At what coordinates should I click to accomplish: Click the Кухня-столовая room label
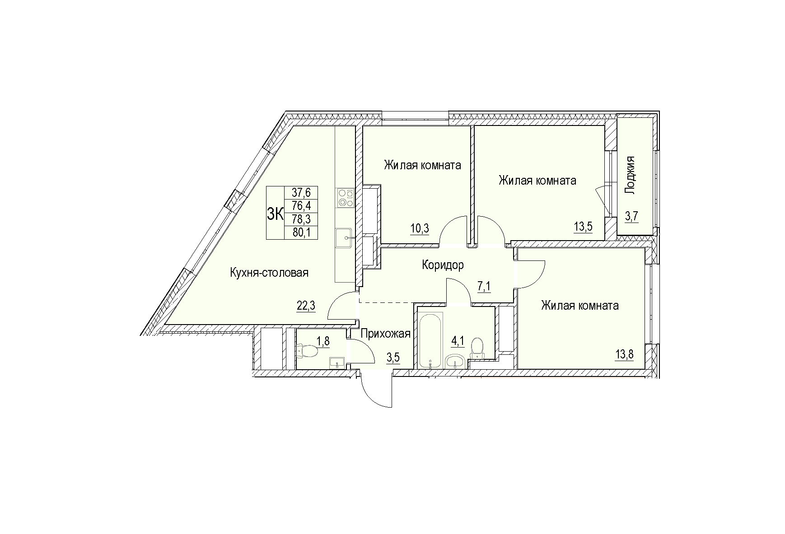[x=269, y=273]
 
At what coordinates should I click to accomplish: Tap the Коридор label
[x=443, y=265]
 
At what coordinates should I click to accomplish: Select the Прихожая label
[x=385, y=334]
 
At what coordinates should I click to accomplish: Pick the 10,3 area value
[x=419, y=229]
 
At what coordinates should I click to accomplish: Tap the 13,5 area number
[x=583, y=226]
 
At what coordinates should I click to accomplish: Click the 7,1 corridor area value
[x=484, y=287]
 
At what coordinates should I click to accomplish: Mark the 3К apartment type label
[x=275, y=213]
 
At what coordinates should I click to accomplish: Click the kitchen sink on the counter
[x=344, y=237]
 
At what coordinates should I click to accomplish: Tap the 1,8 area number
[x=323, y=342]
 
